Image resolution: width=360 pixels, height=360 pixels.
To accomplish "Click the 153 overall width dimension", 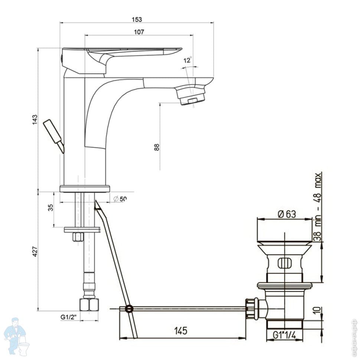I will click(137, 19).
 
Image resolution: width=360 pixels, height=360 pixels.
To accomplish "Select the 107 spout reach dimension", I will click(139, 32).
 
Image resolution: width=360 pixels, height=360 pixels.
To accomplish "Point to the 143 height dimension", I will click(35, 120).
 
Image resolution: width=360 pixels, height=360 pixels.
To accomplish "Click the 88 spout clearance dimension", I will click(157, 147).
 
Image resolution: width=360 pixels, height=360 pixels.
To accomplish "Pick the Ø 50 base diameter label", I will click(120, 199).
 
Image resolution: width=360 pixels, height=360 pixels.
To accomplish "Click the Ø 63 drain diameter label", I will click(286, 214).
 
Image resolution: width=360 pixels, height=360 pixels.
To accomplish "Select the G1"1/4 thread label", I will click(284, 335).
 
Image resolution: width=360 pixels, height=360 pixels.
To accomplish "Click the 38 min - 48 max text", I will click(318, 206).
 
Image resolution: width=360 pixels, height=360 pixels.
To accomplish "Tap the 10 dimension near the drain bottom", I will click(316, 310).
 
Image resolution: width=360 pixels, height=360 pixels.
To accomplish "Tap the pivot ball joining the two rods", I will click(129, 308).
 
